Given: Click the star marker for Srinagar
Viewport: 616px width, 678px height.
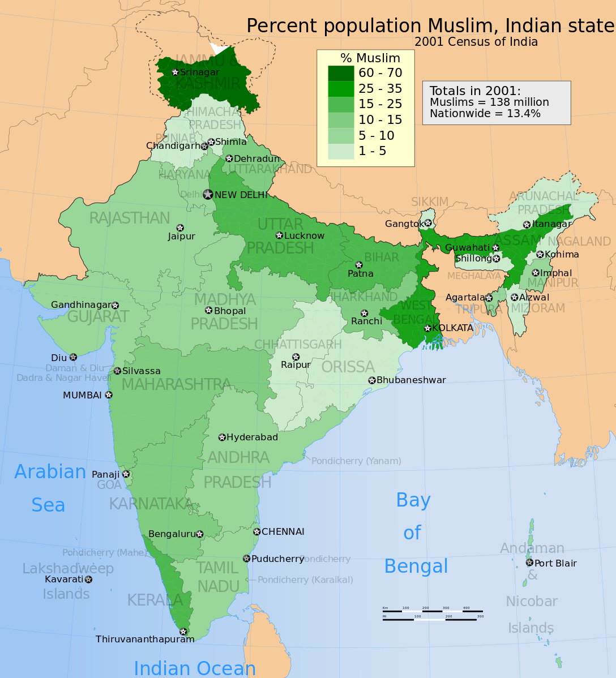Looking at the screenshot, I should [x=176, y=72].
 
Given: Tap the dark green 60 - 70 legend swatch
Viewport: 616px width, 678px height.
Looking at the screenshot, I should [x=341, y=72].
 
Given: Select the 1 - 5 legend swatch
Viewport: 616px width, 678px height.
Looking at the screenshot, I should [x=341, y=151].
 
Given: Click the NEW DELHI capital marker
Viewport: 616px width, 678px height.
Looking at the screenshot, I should [x=208, y=195].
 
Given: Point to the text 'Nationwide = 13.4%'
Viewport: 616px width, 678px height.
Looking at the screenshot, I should [x=485, y=113].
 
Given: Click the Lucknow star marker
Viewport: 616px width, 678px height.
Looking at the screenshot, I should [x=279, y=235].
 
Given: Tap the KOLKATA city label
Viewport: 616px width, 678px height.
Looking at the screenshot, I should [x=452, y=328].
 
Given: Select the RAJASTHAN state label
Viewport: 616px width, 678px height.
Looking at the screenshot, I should [x=130, y=218].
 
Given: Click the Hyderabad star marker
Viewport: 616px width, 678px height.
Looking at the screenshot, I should [x=222, y=437].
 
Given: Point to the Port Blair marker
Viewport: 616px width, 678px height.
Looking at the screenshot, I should [x=529, y=563].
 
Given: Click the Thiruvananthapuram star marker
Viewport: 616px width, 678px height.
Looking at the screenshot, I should [x=183, y=632].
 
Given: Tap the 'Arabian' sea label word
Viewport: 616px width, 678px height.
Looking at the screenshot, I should [x=50, y=471].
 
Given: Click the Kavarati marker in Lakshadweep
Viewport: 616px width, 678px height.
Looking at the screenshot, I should [x=88, y=579].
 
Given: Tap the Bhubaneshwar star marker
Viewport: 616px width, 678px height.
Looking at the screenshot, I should [x=372, y=380].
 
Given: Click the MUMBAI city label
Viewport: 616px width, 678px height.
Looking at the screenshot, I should [x=82, y=395].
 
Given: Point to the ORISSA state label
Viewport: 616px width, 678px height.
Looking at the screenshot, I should [x=348, y=367].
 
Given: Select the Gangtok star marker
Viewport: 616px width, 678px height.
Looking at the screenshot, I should [x=429, y=223].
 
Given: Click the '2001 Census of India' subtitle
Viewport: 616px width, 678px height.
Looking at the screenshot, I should [x=476, y=42].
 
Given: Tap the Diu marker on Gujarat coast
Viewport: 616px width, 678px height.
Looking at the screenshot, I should [x=73, y=357].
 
